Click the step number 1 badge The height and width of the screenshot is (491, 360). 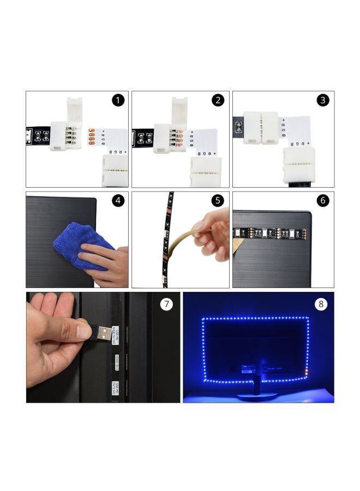[118, 100]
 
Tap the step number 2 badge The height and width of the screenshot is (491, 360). [219, 100]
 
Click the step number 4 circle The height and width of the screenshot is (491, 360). [118, 201]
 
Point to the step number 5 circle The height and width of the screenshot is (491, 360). [219, 201]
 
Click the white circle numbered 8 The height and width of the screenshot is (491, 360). [322, 304]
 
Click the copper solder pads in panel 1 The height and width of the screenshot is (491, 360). [92, 138]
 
